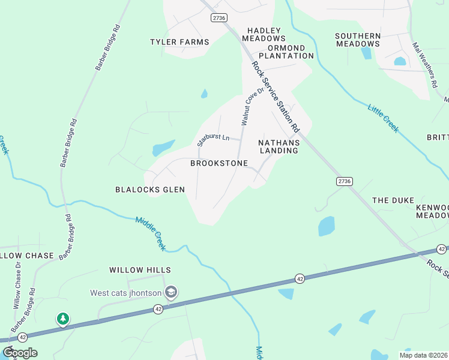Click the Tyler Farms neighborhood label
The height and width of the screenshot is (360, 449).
point(179,42)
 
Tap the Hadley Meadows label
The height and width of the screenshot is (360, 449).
point(264,34)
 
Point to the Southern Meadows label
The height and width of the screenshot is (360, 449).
point(358,40)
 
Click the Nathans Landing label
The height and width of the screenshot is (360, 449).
point(278,146)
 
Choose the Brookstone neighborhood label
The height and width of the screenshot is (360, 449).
point(219,163)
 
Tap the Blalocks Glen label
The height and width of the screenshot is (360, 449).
point(150,190)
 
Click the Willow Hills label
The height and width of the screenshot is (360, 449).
point(140,271)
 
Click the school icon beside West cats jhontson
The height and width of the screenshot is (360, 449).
point(171,292)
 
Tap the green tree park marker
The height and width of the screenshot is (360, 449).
point(62,319)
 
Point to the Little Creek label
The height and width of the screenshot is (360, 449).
point(383,118)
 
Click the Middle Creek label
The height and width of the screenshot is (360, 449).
point(151,233)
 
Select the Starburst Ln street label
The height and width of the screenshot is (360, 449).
point(213,140)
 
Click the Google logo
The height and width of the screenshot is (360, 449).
point(20,353)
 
